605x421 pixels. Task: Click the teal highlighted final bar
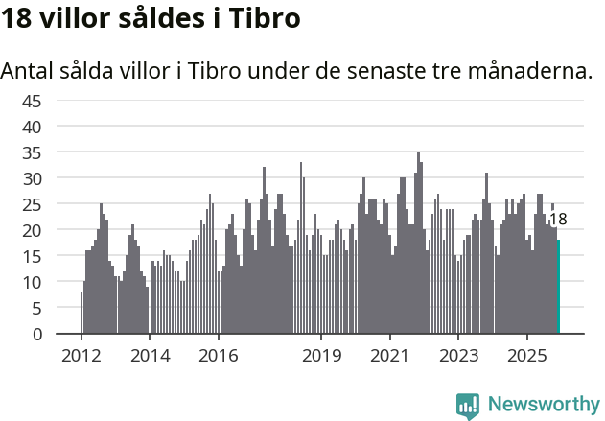pyautogui.click(x=559, y=287)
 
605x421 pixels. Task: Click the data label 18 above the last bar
pyautogui.click(x=558, y=220)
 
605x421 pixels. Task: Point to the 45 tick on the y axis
pyautogui.click(x=32, y=101)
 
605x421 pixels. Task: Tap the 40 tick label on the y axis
pyautogui.click(x=32, y=127)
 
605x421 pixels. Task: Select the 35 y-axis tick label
pyautogui.click(x=32, y=152)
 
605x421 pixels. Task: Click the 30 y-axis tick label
pyautogui.click(x=32, y=178)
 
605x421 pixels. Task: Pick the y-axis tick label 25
pyautogui.click(x=32, y=204)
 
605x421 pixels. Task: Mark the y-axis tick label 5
pyautogui.click(x=36, y=308)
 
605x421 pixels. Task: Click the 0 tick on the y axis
pyautogui.click(x=36, y=334)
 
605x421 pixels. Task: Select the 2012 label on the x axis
pyautogui.click(x=81, y=356)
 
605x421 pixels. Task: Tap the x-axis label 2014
pyautogui.click(x=150, y=356)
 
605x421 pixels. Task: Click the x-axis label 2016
pyautogui.click(x=219, y=356)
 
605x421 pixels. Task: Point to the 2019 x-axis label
pyautogui.click(x=321, y=356)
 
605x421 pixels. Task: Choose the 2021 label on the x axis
pyautogui.click(x=390, y=356)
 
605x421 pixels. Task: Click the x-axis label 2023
pyautogui.click(x=458, y=356)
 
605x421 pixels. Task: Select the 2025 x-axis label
pyautogui.click(x=527, y=356)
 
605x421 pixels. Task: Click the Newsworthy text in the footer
pyautogui.click(x=544, y=404)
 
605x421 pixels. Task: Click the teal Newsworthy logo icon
pyautogui.click(x=468, y=406)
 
